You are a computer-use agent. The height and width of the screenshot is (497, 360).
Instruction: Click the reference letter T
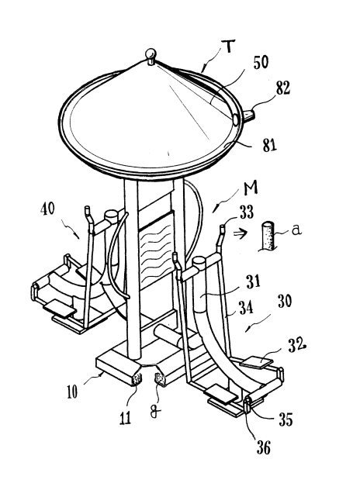click(x=230, y=47)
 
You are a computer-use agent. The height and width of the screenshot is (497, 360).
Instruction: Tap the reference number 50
click(x=261, y=63)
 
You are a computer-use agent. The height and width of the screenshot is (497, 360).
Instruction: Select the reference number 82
click(x=283, y=89)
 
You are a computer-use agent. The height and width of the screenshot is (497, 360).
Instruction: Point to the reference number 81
click(x=269, y=146)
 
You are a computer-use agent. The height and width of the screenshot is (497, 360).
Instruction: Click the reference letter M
click(x=251, y=188)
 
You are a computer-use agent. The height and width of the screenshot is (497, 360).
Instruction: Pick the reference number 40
click(x=48, y=209)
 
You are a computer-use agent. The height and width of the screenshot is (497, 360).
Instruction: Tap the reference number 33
click(x=247, y=212)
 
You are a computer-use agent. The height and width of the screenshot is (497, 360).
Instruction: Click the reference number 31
click(x=253, y=281)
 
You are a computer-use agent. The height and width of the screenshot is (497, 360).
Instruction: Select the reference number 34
click(x=246, y=308)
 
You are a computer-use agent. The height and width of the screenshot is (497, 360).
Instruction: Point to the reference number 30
click(x=285, y=301)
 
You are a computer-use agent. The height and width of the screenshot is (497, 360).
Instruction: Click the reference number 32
click(x=296, y=346)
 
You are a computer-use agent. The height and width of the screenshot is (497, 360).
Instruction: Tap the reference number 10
click(x=72, y=392)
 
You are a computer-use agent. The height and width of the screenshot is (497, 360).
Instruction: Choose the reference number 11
click(x=125, y=419)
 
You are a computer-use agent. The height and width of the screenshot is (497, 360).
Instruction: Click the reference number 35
click(x=286, y=419)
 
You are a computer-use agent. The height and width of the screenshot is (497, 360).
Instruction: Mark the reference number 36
click(x=264, y=448)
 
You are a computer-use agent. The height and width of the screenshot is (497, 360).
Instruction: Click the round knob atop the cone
click(x=151, y=53)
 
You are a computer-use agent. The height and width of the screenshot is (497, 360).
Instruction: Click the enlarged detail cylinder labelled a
click(x=268, y=236)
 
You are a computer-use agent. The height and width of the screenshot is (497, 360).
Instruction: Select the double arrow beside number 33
click(x=239, y=233)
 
